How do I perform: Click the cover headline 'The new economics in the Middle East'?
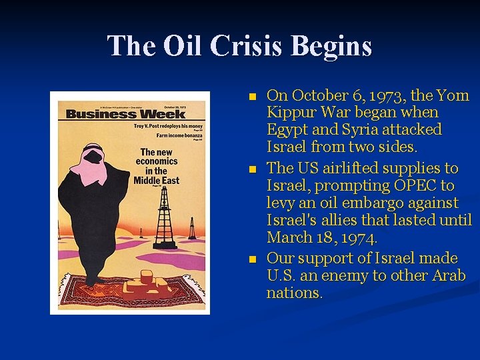tap(156, 166)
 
